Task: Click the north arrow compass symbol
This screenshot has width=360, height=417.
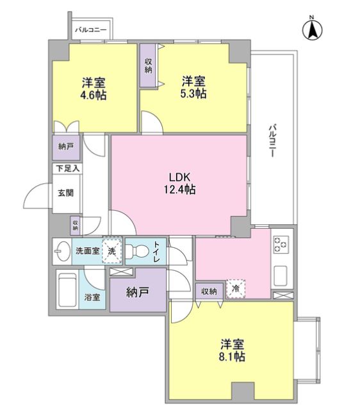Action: (x=313, y=29)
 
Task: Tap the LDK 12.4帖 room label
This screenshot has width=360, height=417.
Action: (x=180, y=183)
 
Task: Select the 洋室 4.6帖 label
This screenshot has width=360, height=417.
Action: (x=94, y=88)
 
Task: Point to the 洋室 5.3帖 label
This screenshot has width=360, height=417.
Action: (x=193, y=87)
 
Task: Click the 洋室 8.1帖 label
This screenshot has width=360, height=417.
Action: (x=232, y=350)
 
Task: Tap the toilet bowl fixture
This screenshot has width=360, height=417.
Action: (x=137, y=251)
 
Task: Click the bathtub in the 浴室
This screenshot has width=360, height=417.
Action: (x=67, y=290)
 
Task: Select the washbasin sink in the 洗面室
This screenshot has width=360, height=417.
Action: (x=61, y=251)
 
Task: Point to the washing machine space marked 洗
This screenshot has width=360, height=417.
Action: (x=111, y=250)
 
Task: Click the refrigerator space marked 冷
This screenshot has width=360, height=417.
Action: (x=236, y=288)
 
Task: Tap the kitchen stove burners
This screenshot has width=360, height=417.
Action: (x=281, y=244)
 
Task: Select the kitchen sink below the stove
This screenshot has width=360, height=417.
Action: (x=280, y=276)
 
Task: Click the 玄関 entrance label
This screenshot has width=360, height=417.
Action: (x=66, y=193)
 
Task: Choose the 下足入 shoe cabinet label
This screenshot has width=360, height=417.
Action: (x=67, y=168)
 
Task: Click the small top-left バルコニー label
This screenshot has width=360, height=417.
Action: (x=90, y=29)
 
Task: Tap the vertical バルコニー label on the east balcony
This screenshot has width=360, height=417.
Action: (x=272, y=140)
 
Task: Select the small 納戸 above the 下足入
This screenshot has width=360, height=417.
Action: (x=66, y=147)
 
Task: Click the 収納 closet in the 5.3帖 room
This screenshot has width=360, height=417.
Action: (x=148, y=65)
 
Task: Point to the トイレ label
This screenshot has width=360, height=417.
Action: (x=157, y=251)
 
